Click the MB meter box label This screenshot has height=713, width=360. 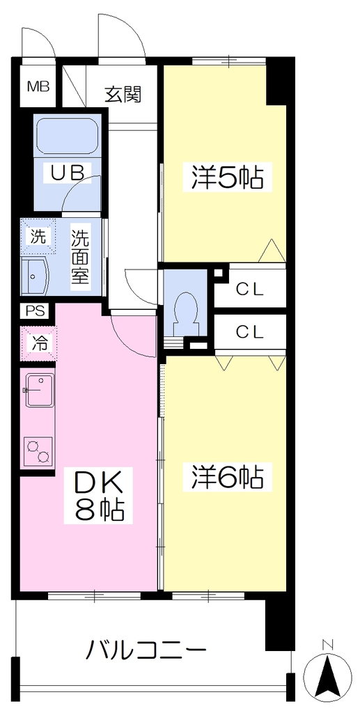pos(38,86)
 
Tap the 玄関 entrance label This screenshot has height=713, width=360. pos(123,94)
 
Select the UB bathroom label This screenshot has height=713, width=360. pos(68,173)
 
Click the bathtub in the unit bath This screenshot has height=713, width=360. pos(68,136)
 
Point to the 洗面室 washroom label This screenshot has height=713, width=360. pos(80,257)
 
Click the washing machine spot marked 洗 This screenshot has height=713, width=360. pos(38,237)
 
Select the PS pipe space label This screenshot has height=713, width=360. pos(36,311)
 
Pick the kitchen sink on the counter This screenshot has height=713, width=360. pos(40,390)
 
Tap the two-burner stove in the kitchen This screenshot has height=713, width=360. pos(38,451)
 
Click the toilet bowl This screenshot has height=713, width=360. pos(185,313)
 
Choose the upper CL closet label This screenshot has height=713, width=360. pos(249,290)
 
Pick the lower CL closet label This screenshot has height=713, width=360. pos(249,332)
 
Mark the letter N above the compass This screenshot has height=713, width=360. pos(327,644)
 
